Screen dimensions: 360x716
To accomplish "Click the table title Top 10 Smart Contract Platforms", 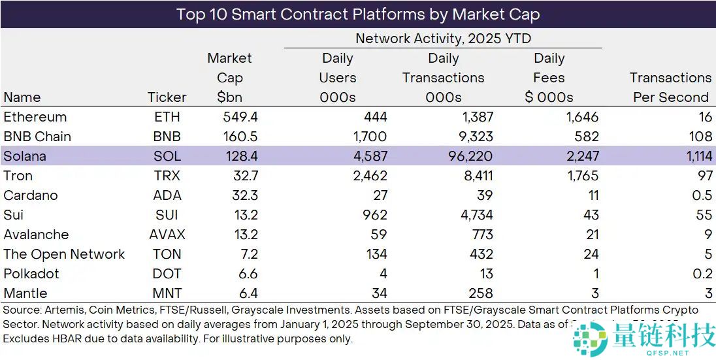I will click(358, 14).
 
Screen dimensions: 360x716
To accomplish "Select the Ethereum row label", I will click(35, 117).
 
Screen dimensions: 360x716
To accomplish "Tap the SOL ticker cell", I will click(167, 156).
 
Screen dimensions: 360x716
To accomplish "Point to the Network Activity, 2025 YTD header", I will click(443, 39).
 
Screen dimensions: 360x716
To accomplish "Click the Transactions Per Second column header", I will click(670, 87).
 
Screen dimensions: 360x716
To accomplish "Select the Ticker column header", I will click(167, 97).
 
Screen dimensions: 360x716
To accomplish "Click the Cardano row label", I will click(31, 195).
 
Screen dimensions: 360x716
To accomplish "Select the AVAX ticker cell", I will click(167, 235).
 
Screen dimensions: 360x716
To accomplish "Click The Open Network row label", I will click(64, 254).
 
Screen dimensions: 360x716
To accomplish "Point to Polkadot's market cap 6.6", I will click(233, 274).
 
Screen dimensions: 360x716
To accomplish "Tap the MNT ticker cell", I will click(167, 293).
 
